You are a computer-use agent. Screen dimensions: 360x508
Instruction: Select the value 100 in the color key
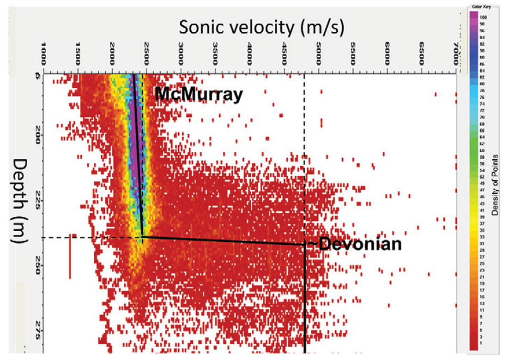click(483, 17)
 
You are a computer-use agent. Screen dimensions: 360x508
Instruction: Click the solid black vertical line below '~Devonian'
click(305, 300)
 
